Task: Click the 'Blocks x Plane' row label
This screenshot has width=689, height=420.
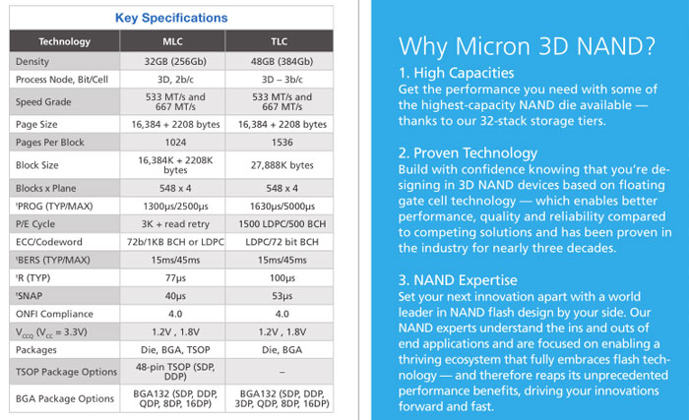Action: point(49,188)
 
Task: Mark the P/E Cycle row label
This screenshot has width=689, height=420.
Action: point(38,225)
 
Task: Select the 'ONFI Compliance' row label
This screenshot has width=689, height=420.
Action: point(54,315)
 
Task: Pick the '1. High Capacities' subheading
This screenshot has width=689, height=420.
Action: point(457,72)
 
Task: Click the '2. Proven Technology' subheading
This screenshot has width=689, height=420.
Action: point(469,152)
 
